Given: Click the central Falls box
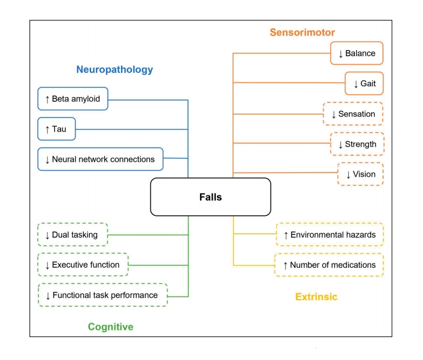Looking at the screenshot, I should click(210, 197).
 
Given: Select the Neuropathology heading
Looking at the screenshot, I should click(114, 69).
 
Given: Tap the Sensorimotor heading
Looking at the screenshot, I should click(302, 32).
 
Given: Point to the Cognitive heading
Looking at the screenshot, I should click(110, 327).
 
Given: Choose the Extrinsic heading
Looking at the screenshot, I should click(316, 297).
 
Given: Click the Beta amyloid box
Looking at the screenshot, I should click(72, 99).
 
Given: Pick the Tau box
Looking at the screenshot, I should click(56, 129).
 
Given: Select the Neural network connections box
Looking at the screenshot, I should click(100, 159).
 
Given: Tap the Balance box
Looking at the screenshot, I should click(357, 53).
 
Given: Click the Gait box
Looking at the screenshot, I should click(364, 83).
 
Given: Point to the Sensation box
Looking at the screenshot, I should click(353, 114).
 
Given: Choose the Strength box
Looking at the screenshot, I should click(357, 144).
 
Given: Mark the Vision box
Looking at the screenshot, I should click(360, 174).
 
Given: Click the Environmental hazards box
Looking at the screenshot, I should click(329, 235).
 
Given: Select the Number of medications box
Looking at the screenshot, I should click(329, 265).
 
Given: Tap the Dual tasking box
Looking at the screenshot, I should click(72, 235).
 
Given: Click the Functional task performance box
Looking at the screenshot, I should click(102, 295).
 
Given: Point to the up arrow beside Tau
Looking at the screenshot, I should click(47, 129).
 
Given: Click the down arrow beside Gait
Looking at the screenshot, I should click(355, 84).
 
